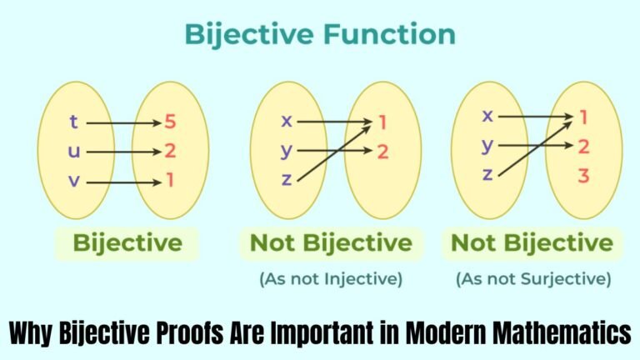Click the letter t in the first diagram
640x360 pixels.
coord(73,122)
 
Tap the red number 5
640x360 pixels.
coord(170,122)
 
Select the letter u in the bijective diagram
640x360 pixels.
coord(74,152)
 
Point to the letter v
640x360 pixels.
coord(74,181)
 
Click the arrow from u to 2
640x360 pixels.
coord(124,152)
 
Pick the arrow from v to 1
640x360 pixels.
coord(124,182)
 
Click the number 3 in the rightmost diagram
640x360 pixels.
coord(583,176)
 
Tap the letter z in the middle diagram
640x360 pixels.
coord(287,180)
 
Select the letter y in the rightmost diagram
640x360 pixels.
coord(487,146)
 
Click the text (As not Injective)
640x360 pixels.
coord(331,279)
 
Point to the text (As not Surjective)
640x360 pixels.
coord(533,279)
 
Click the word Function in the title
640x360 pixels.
coord(389,34)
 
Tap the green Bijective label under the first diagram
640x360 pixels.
coord(127,243)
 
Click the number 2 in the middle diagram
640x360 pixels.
coord(382,152)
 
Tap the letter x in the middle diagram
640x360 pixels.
coord(287,121)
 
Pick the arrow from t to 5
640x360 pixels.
coord(124,122)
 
